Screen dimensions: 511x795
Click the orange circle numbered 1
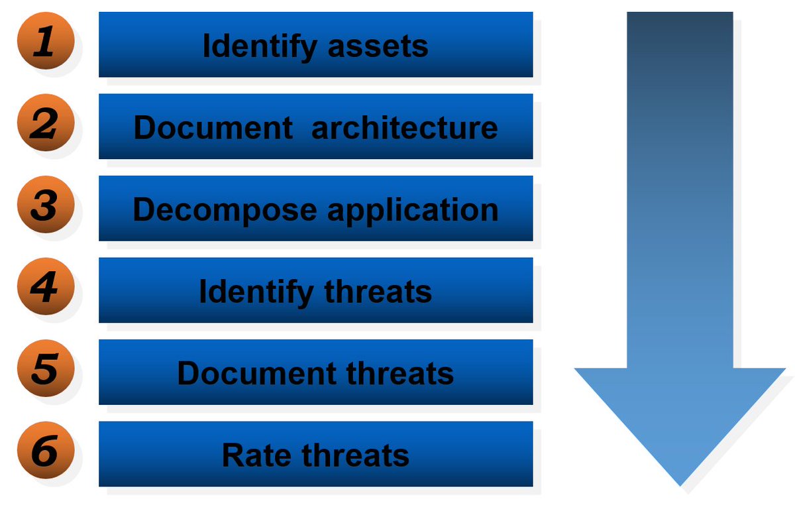coord(44,42)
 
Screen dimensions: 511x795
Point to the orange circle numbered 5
coord(44,370)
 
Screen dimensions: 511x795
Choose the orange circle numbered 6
coord(44,452)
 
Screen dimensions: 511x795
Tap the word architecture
coord(404,127)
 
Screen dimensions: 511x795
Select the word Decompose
coord(225,209)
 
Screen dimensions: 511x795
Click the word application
coord(413,209)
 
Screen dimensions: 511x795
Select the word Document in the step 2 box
coord(213,127)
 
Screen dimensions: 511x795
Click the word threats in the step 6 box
coord(356,455)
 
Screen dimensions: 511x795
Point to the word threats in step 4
coord(378,292)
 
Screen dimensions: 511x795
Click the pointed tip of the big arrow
coord(680,483)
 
